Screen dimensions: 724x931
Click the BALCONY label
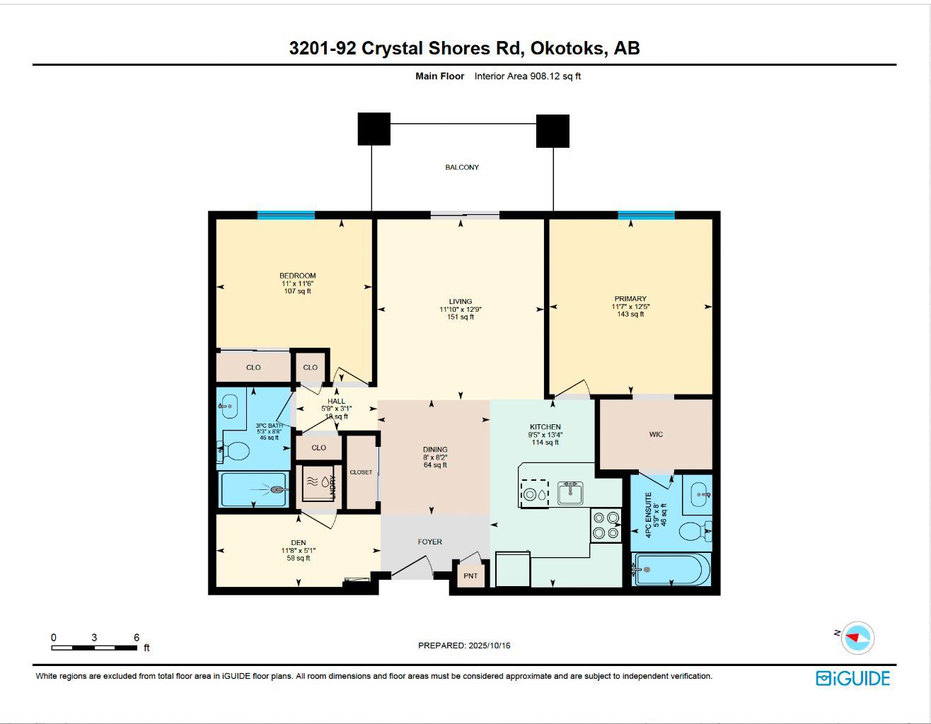461,168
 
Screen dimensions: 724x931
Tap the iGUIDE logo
852,679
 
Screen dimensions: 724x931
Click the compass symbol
858,638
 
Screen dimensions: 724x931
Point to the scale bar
95,647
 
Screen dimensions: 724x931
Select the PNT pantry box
470,576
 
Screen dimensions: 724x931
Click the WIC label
656,434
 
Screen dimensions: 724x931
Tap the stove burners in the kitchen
606,525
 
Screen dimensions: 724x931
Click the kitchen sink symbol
569,492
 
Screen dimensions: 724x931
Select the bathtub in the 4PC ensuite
669,569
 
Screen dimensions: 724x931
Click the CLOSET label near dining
361,472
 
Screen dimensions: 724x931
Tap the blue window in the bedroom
286,216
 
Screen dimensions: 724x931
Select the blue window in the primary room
646,216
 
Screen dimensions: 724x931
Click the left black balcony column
374,129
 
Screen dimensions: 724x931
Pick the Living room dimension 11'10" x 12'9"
461,309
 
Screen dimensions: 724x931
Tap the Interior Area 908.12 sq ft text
527,76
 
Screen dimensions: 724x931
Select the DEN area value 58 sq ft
298,559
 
